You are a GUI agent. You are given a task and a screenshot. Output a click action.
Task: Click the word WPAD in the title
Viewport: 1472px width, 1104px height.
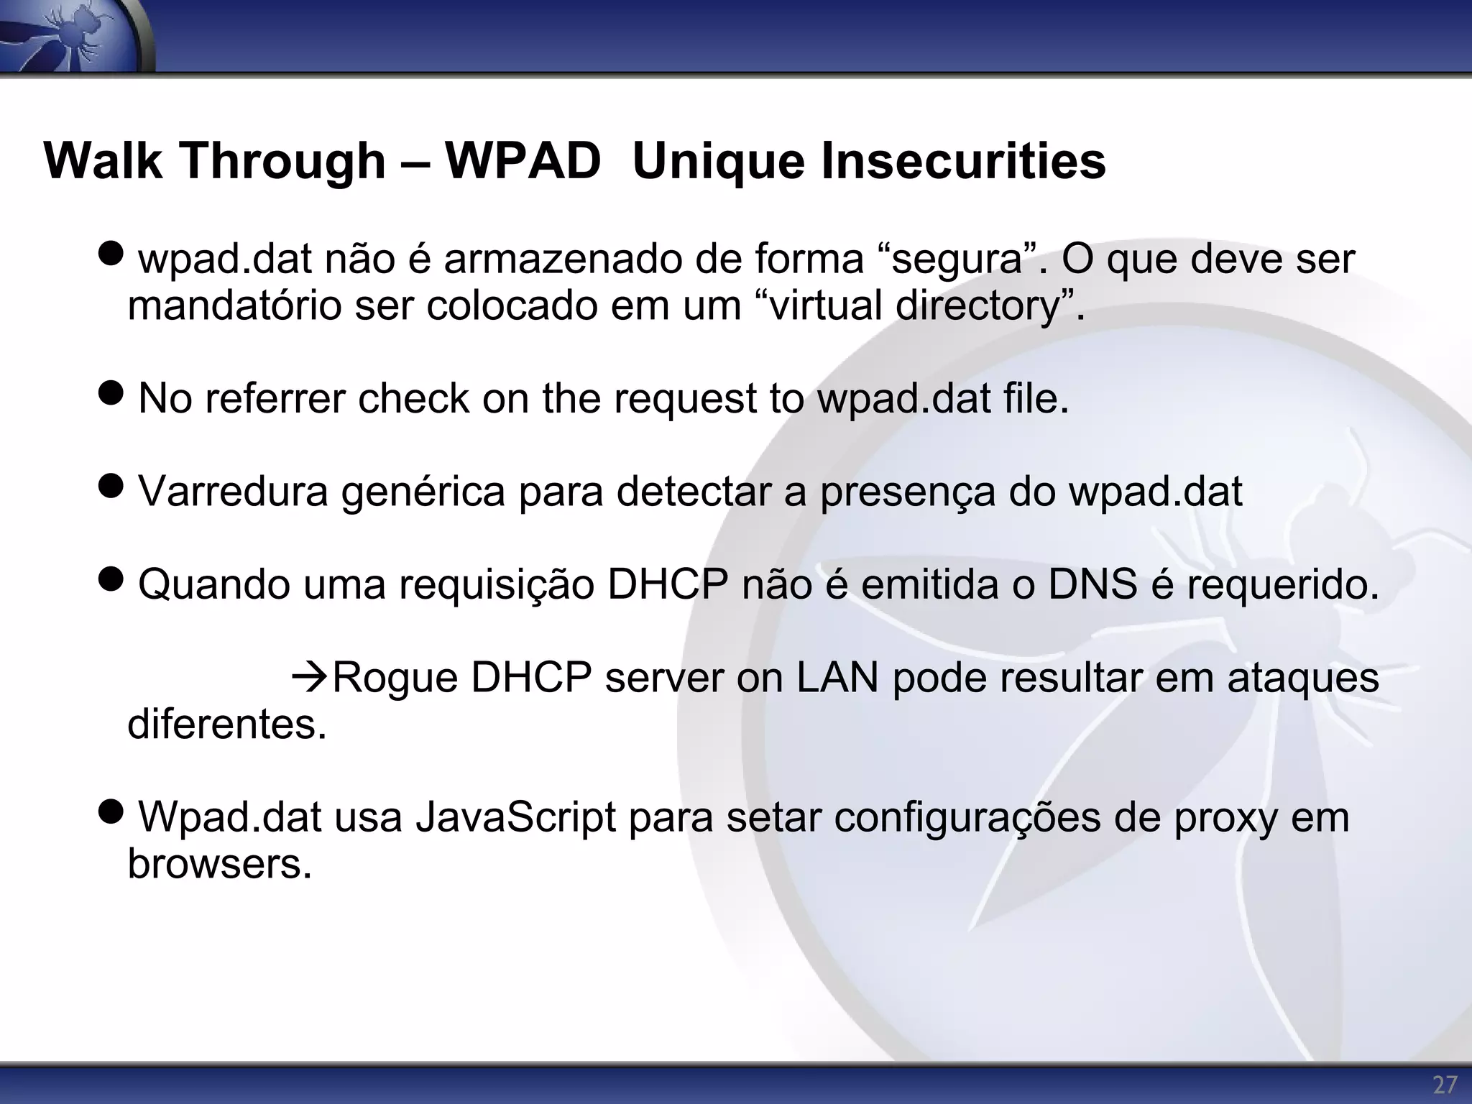point(523,160)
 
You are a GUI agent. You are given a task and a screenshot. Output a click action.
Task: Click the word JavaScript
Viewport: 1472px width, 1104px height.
point(515,817)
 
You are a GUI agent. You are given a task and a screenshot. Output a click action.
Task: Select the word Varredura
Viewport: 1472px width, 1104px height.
point(233,492)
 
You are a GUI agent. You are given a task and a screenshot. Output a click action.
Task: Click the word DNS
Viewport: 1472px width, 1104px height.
point(1092,584)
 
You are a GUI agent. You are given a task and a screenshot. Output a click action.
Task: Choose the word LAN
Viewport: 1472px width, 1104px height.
point(837,677)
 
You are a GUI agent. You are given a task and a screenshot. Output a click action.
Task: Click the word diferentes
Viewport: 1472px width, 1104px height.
point(226,724)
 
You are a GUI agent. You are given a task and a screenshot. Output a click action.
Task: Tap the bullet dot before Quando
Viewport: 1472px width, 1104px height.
point(111,581)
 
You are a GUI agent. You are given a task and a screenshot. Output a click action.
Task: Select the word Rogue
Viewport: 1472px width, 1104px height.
point(395,677)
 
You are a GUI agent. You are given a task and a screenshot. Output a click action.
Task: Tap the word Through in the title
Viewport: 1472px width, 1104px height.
point(282,160)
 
